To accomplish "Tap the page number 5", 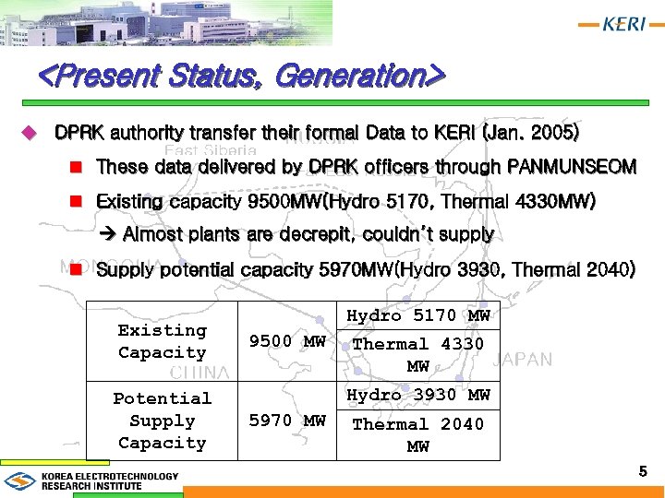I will point(643,472).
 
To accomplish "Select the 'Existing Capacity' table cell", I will point(162,341).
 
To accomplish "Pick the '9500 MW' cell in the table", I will point(287,341).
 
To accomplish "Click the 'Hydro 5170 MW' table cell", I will point(417,315).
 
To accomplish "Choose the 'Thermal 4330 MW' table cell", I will point(417,355).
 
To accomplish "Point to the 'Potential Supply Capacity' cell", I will point(162,421).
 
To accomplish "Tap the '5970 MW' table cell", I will point(287,421).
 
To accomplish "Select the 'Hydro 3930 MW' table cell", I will point(417,395).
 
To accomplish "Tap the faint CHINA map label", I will point(199,373).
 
